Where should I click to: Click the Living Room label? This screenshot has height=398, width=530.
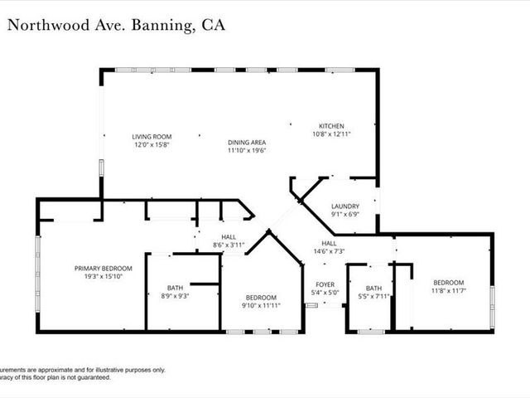click(152, 136)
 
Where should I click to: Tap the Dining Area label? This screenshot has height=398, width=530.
click(247, 143)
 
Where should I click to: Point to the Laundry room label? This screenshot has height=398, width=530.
click(344, 206)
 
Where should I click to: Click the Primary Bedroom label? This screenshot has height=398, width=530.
click(104, 268)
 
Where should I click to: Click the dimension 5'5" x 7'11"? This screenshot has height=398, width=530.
click(376, 296)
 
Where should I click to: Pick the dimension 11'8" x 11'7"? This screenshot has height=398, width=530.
click(448, 291)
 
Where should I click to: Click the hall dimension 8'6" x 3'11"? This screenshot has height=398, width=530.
click(229, 245)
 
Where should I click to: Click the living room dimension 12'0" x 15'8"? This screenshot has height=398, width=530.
click(152, 144)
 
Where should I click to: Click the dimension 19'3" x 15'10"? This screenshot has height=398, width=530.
click(104, 276)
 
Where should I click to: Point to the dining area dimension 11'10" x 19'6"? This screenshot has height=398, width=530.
click(247, 151)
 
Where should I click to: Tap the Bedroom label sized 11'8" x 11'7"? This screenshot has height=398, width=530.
click(448, 282)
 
